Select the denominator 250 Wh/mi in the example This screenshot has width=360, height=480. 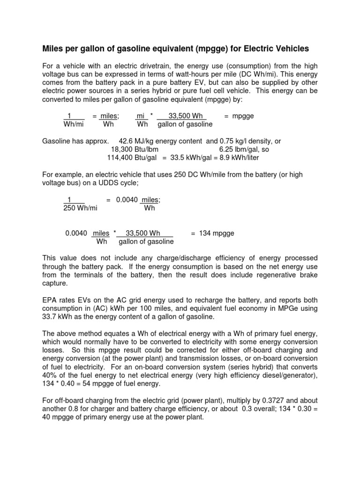(80, 208)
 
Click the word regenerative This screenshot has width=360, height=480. (270, 275)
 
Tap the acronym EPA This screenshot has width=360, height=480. (50, 300)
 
